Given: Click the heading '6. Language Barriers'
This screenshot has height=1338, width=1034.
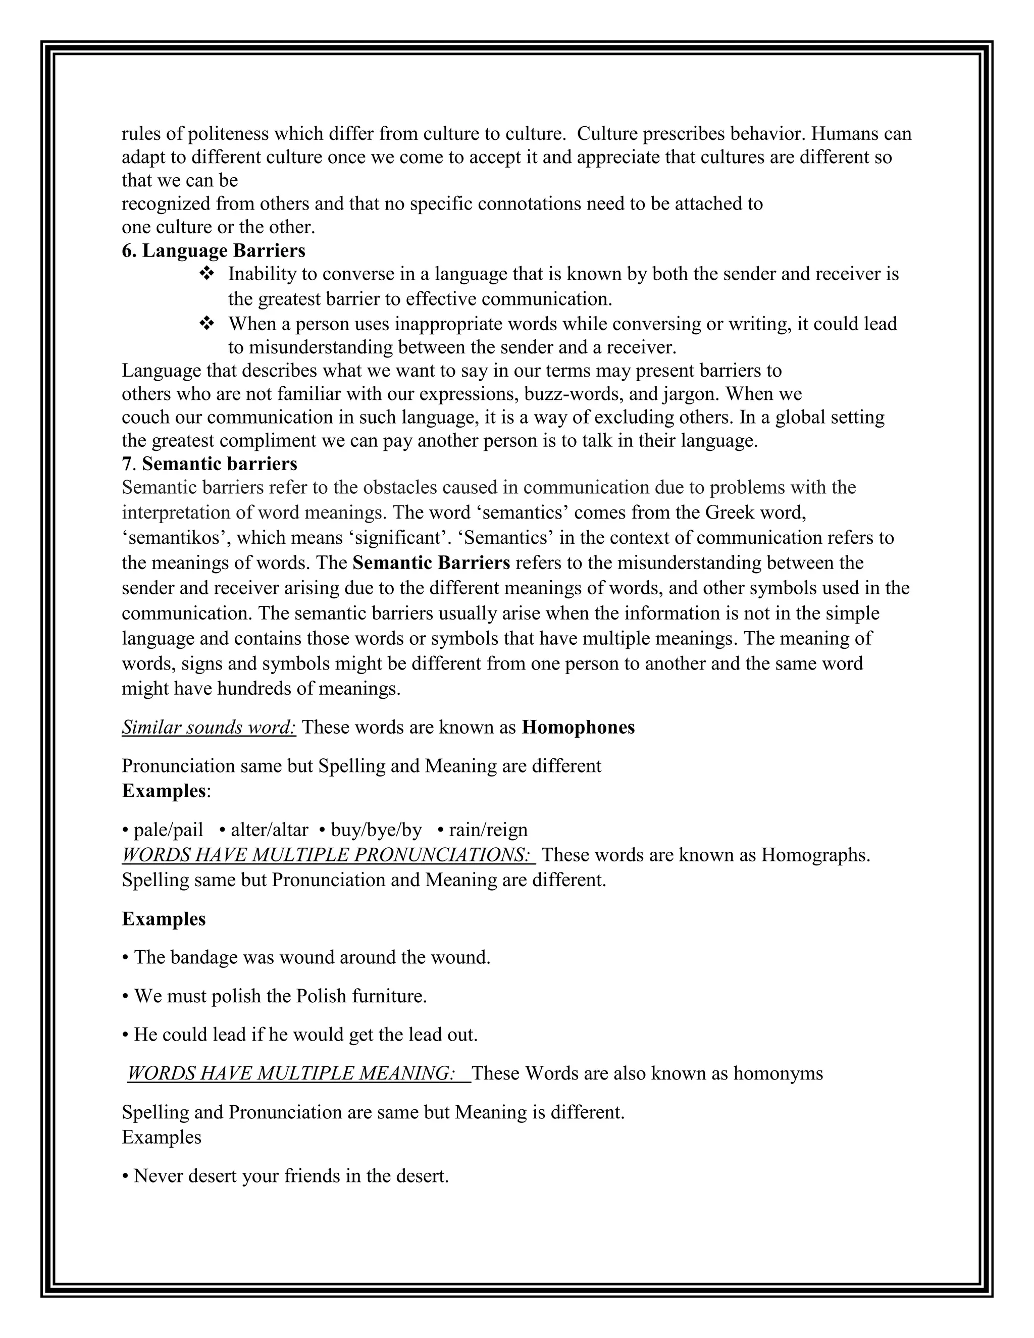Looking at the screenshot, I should pos(213,250).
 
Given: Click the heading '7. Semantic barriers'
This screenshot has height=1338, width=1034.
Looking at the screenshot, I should pos(210,464).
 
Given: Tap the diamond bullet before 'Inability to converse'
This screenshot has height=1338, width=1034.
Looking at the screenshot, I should pos(206,273).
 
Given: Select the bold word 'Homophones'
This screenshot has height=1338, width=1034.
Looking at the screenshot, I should pos(578,727).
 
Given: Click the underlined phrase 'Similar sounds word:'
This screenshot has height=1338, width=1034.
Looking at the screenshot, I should pos(209,727).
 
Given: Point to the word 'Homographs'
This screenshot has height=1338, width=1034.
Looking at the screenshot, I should pos(813,855).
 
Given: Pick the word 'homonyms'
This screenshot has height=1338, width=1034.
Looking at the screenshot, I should pos(778,1073).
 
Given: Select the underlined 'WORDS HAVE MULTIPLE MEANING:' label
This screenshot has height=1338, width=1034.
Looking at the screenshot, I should pos(291,1073).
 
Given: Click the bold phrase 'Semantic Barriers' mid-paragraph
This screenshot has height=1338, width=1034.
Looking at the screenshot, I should pos(431,562).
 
